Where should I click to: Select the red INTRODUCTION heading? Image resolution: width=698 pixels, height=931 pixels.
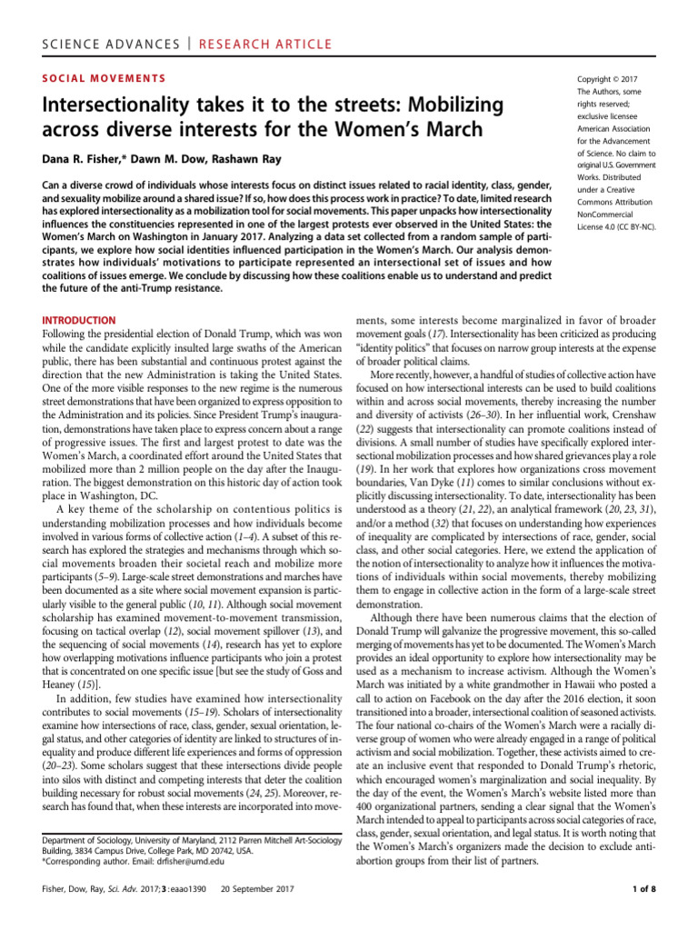point(78,320)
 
